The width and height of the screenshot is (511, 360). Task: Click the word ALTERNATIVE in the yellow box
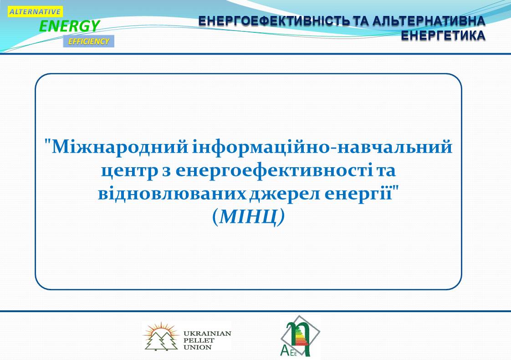[35, 12]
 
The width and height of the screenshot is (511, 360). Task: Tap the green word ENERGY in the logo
[69, 26]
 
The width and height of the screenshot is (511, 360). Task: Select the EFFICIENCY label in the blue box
[89, 41]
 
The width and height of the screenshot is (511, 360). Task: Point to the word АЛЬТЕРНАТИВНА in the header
[429, 21]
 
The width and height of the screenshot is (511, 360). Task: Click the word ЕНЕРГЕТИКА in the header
[443, 36]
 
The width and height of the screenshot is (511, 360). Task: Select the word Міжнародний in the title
[120, 147]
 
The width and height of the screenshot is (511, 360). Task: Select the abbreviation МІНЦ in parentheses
[248, 216]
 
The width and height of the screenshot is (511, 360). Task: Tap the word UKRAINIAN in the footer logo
[207, 334]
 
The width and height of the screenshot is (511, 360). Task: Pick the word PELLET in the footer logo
[199, 340]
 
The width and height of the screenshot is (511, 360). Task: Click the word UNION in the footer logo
[198, 347]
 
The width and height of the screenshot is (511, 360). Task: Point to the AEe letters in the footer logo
[289, 351]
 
